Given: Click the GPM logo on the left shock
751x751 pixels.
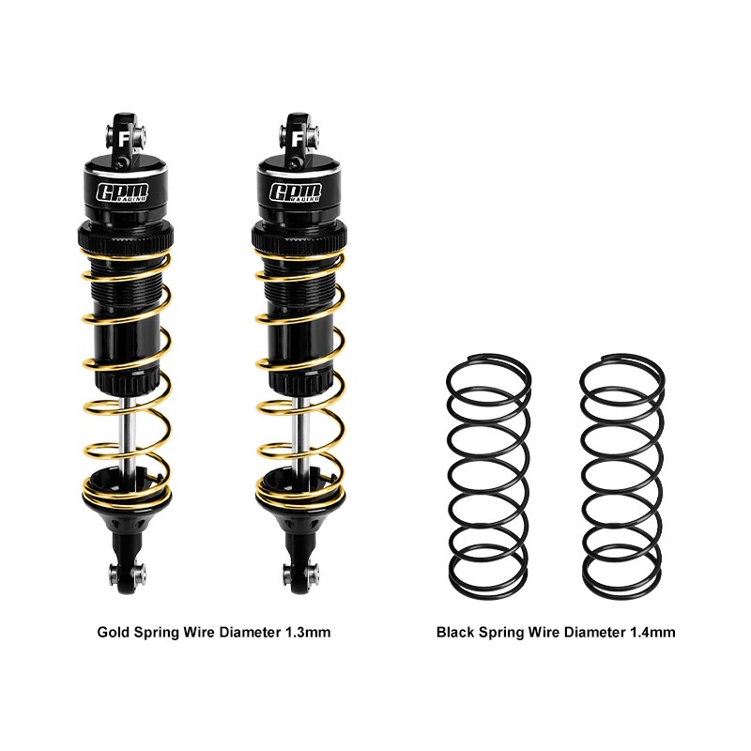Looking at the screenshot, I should pos(124,192).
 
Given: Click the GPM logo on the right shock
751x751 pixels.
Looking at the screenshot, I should pos(297,192).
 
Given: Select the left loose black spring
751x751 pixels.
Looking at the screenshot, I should pos(486,474).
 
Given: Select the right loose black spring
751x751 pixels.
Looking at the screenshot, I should pos(621,474).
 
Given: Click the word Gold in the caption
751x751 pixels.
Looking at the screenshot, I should pos(113,633).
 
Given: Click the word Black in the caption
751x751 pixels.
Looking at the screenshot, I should pos(454,633).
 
